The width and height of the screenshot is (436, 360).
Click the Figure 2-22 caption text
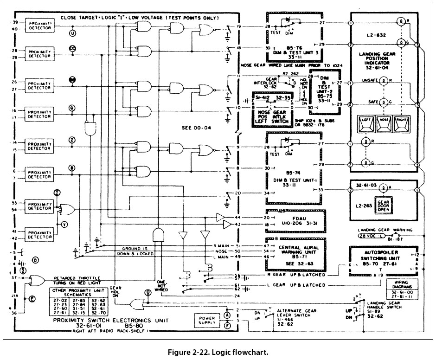pos(218,351)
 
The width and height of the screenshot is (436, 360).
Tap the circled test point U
pos(72,33)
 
